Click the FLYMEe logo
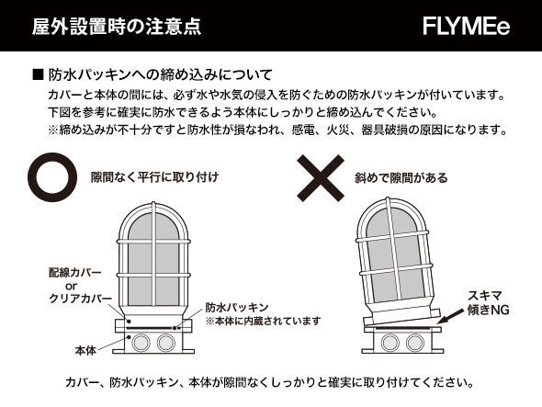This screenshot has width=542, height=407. coord(466,27)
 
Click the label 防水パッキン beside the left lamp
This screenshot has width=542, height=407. coord(236,307)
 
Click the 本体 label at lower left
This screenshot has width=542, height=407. coord(85,351)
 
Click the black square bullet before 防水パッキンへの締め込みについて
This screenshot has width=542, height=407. coord(38,72)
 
